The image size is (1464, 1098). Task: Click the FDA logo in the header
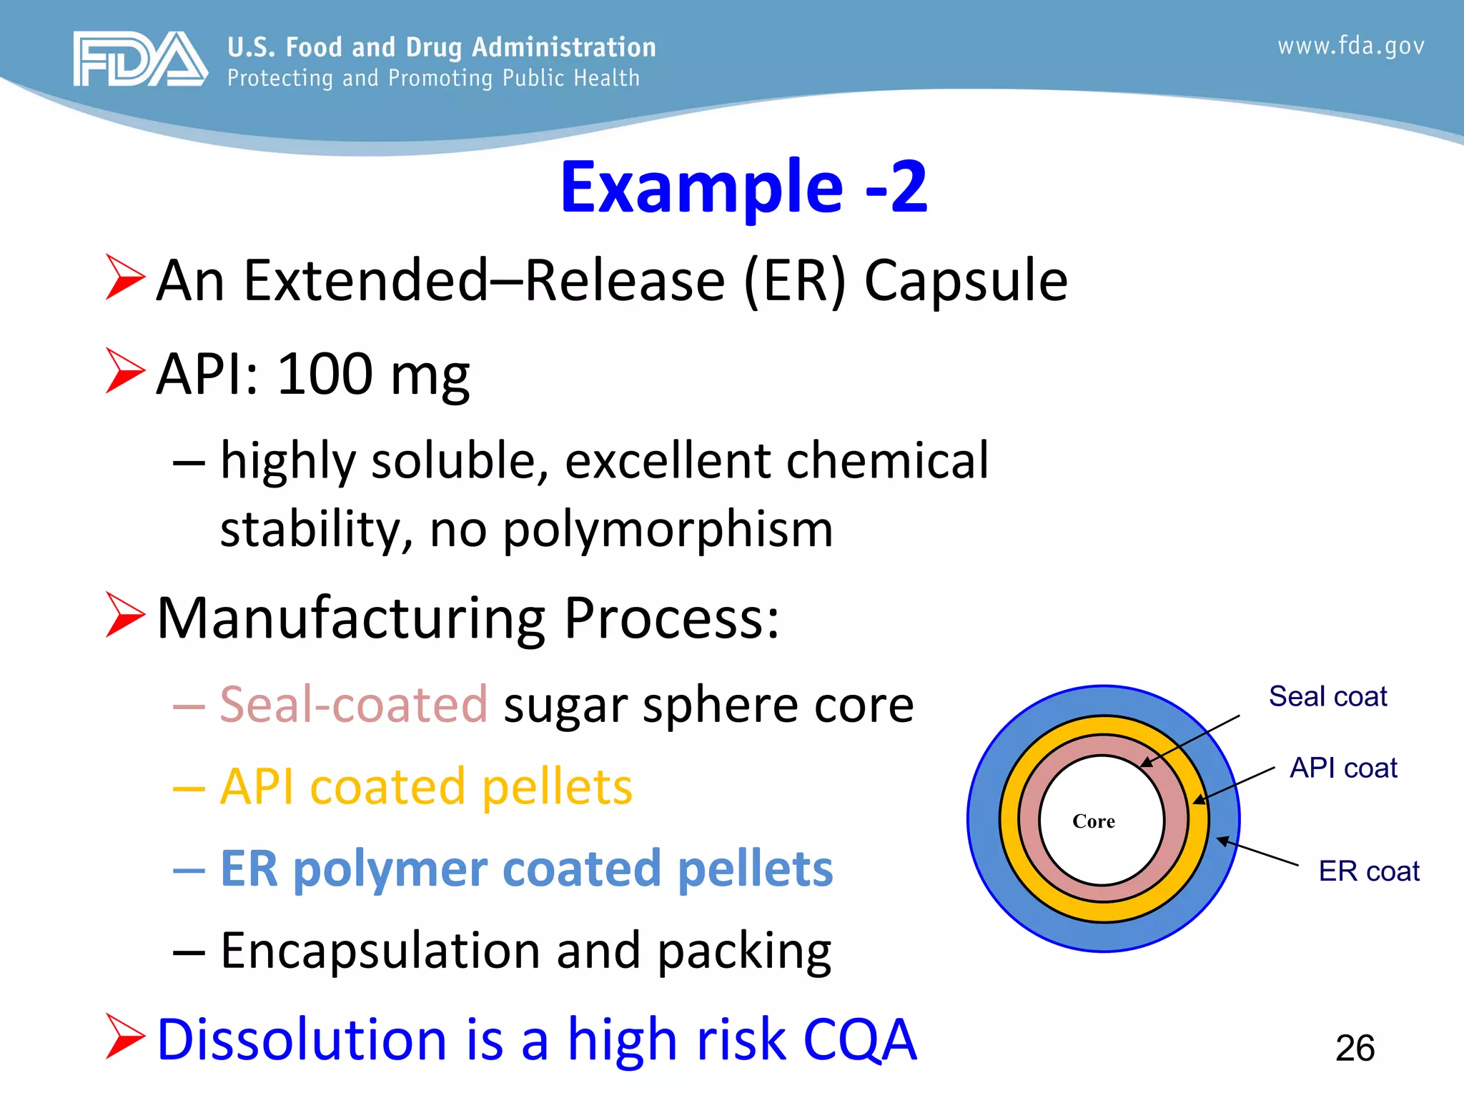140,59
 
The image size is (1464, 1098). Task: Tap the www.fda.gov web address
1350,46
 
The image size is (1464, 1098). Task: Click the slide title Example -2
743,187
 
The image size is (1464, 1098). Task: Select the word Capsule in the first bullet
966,281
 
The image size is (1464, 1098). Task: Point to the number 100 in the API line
325,374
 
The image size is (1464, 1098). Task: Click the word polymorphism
668,530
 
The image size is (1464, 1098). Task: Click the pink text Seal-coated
353,705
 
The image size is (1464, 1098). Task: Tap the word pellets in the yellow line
557,787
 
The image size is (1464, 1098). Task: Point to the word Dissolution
302,1039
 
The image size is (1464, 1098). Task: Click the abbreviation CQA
859,1039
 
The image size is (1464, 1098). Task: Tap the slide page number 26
1355,1049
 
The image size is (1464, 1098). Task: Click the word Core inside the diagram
1093,821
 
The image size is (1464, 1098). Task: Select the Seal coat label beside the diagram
1327,696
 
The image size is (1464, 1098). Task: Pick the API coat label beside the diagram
1343,768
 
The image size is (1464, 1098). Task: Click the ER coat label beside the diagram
1368,871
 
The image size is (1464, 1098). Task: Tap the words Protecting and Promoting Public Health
433,78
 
